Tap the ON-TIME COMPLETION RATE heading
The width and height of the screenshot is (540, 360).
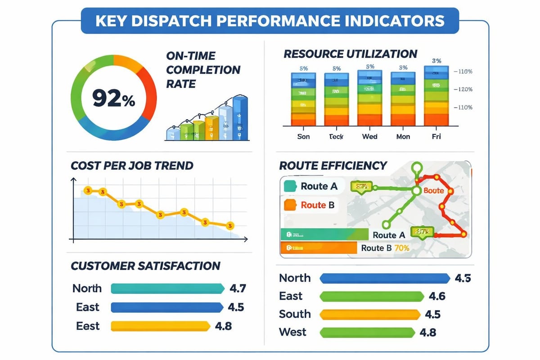[x=203, y=70]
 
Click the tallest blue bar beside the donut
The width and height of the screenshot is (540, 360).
[x=240, y=118]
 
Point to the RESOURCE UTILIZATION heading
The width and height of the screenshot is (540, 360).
[x=350, y=54]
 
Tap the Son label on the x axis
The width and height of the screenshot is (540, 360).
[x=304, y=136]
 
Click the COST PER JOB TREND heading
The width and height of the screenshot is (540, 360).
[x=132, y=165]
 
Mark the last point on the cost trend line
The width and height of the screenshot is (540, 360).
[x=230, y=225]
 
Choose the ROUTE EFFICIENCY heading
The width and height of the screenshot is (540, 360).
[x=333, y=165]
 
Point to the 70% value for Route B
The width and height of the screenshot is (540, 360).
[x=401, y=247]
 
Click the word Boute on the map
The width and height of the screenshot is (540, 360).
[x=434, y=191]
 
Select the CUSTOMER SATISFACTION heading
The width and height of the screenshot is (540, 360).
[x=145, y=265]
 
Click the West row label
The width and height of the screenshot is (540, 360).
[x=292, y=332]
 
